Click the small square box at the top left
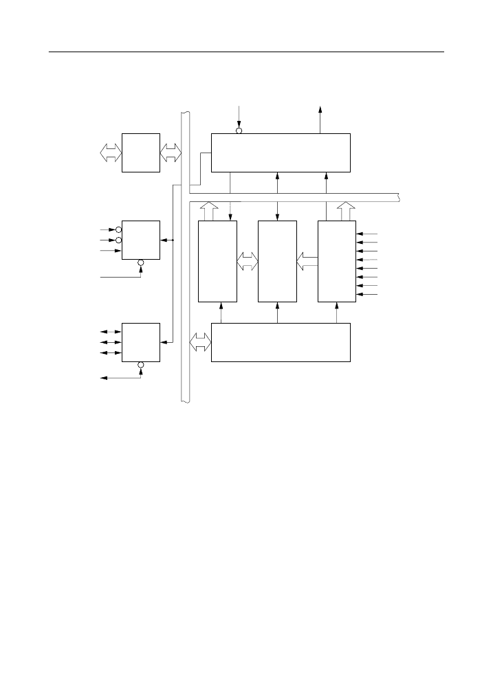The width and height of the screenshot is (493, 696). [140, 153]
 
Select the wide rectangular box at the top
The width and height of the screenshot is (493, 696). [281, 153]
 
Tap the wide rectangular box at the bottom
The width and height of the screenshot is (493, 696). [281, 341]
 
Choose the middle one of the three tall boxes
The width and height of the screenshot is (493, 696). [277, 261]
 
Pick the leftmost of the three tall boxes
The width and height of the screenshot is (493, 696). [217, 261]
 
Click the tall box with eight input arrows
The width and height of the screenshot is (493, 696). [337, 261]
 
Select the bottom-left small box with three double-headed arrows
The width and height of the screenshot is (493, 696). [140, 341]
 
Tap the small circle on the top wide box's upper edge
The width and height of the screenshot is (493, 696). [239, 131]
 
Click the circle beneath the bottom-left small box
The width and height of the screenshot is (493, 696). [140, 365]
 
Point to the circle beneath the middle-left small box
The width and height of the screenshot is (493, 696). [140, 262]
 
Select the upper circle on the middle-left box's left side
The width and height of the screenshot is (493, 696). [118, 229]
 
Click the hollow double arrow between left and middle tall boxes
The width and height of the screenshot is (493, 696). [247, 261]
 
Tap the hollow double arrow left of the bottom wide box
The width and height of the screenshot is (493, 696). [200, 341]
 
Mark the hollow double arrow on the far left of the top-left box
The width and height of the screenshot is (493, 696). [110, 153]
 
